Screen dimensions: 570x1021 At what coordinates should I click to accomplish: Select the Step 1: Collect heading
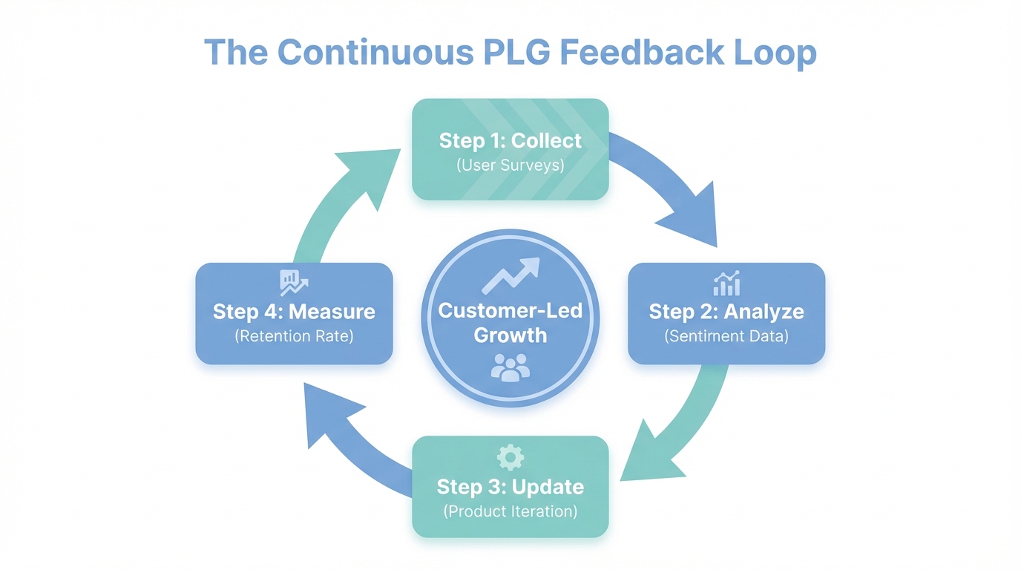click(x=510, y=140)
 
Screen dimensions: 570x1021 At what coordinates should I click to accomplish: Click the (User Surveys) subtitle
click(x=510, y=165)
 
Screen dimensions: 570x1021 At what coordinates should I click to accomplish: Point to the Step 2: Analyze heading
click(x=726, y=311)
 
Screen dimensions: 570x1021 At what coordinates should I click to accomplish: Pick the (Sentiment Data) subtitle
click(x=726, y=336)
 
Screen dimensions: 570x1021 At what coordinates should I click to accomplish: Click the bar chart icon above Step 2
click(x=726, y=284)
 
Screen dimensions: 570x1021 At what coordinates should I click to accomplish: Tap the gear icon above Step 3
click(x=510, y=457)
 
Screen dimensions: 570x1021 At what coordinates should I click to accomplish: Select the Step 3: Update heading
click(x=510, y=487)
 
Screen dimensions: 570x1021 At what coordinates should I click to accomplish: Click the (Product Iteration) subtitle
click(x=510, y=511)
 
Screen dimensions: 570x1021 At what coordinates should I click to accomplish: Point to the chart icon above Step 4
click(x=293, y=283)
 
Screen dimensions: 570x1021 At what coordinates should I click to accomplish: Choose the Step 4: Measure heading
click(x=294, y=311)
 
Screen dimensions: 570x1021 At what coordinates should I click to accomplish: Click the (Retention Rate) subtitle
click(x=294, y=336)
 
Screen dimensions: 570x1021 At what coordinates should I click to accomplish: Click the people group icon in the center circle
click(x=510, y=367)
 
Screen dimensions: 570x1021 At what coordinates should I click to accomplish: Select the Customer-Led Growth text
click(x=510, y=323)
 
